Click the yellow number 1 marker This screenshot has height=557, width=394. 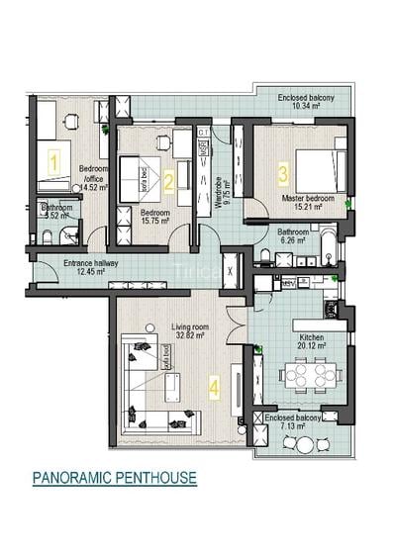pos(55,157)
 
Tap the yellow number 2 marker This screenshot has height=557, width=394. pos(169,180)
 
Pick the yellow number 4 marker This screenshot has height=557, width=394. pos(214,388)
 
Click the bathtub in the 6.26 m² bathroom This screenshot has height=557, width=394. pos(327,238)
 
